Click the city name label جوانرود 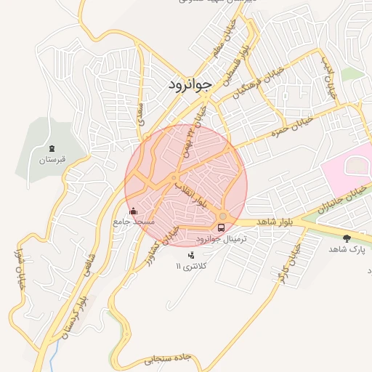click(x=187, y=84)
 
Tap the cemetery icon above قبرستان click(x=52, y=148)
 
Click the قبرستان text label click(x=52, y=158)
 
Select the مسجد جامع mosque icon click(x=132, y=212)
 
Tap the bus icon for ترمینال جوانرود click(x=222, y=227)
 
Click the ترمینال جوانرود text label click(x=222, y=239)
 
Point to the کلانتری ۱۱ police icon click(x=191, y=255)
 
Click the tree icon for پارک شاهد click(x=346, y=238)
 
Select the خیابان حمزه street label click(x=291, y=126)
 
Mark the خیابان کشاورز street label click(x=169, y=227)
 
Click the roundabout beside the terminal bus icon click(x=222, y=216)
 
